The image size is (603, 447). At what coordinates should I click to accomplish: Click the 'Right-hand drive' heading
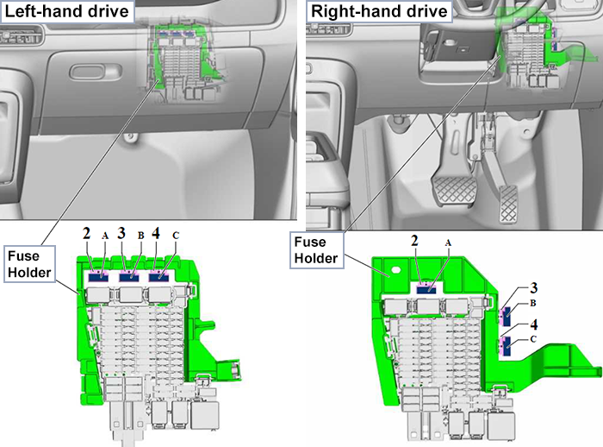(380, 11)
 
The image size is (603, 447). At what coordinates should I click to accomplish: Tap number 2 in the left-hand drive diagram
(86, 233)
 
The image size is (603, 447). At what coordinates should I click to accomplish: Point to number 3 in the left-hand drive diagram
(121, 233)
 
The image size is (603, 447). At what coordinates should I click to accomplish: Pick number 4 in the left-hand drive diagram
(155, 233)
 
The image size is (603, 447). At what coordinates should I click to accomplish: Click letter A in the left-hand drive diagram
(104, 235)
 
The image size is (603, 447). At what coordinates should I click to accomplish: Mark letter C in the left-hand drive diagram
(176, 235)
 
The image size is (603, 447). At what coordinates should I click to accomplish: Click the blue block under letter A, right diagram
(427, 290)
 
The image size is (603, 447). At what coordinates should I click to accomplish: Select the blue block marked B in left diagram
(130, 276)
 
